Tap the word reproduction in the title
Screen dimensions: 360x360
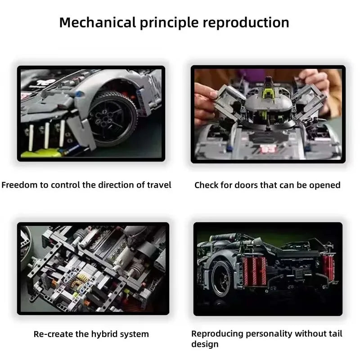tap(247, 22)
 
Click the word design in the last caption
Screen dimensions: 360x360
tap(205, 344)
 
